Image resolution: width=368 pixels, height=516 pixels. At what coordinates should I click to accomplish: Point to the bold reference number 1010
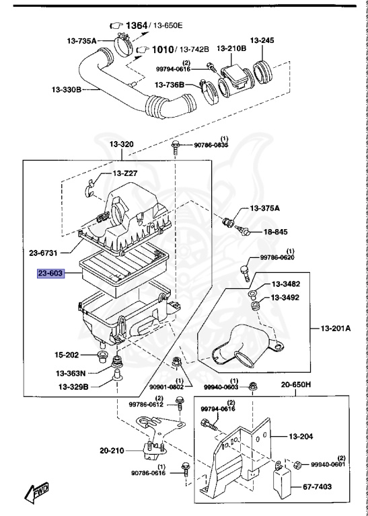pos(161,49)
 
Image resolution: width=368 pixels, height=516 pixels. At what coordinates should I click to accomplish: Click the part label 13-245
pos(263,40)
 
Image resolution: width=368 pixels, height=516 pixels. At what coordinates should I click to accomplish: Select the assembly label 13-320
pos(122,144)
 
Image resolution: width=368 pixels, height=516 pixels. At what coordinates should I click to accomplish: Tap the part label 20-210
pos(112,450)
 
